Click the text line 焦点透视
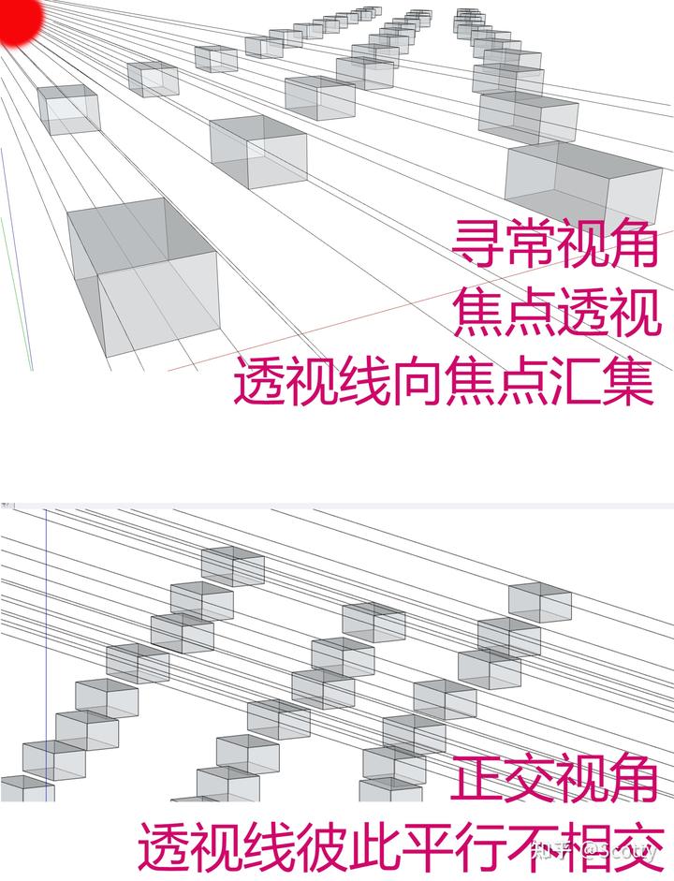tap(557, 314)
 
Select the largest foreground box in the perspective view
tap(145, 276)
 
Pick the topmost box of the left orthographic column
tap(233, 565)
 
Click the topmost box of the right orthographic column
tap(539, 601)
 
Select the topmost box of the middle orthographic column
tap(374, 622)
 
